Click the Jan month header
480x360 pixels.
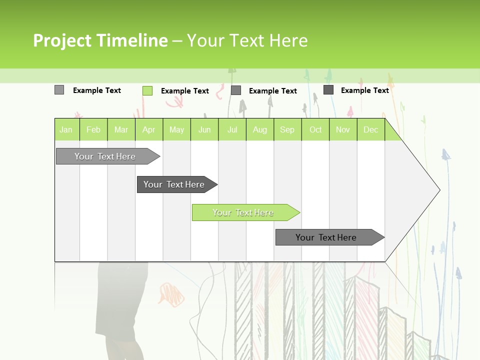(x=66, y=129)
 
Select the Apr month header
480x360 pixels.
(x=148, y=129)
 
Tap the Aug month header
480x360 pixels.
(x=259, y=129)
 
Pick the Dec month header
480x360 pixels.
(x=370, y=129)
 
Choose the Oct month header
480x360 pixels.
(x=315, y=129)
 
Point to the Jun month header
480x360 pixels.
(x=204, y=129)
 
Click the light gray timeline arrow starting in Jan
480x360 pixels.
(x=105, y=156)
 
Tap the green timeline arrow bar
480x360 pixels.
(x=243, y=212)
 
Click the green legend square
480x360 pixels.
(x=147, y=90)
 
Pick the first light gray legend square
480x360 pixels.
(x=59, y=90)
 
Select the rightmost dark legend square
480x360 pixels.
(x=328, y=90)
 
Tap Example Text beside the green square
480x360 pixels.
(x=184, y=91)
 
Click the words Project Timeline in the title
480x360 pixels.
(x=100, y=40)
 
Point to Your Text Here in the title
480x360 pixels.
(x=247, y=40)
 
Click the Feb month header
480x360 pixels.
(x=93, y=129)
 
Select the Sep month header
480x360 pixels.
(x=287, y=129)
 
